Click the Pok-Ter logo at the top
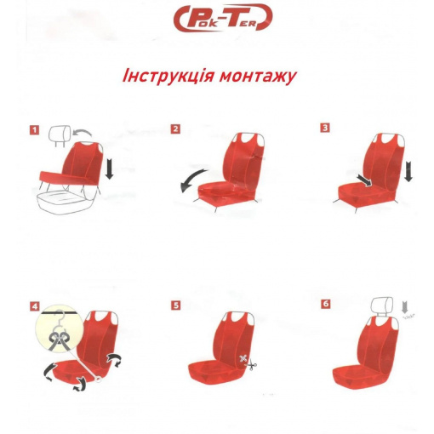pos(223,18)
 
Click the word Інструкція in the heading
pos(168,77)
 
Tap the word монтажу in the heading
pos(258,77)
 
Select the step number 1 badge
pos(35,130)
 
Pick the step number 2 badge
pos(175,129)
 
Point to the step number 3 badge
pos(325,128)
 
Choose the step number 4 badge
pos(35,307)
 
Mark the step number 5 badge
pos(176,306)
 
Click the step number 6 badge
pos(326,304)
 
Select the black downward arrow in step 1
pos(109,168)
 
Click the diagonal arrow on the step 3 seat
pos(365,180)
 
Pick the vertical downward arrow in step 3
pos(408,171)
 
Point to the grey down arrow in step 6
pos(405,307)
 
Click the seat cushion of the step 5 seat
pos(214,372)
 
